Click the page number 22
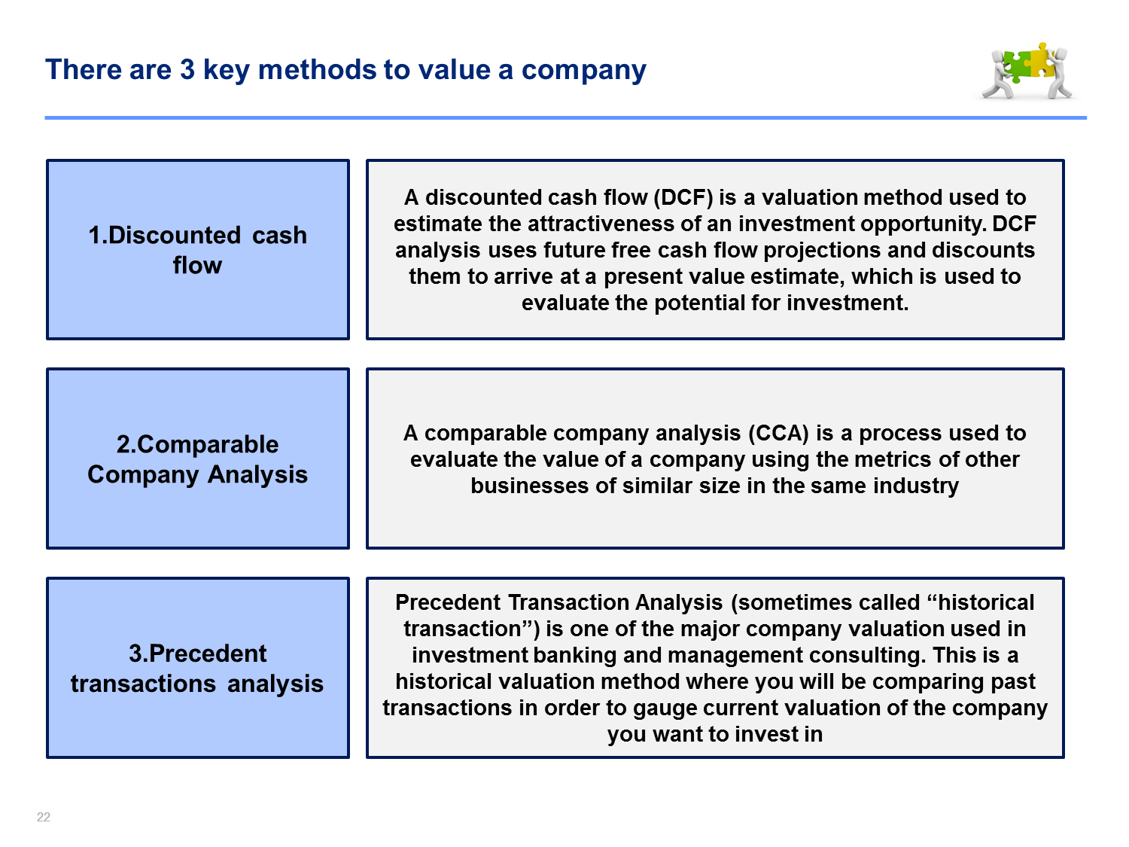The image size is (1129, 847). pos(43,817)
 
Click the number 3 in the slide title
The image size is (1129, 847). pos(187,69)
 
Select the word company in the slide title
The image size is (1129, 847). pos(584,71)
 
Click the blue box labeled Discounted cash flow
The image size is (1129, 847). pos(198,249)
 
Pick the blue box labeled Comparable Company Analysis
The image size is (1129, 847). pos(198,459)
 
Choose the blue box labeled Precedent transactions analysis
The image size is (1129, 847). pos(198,668)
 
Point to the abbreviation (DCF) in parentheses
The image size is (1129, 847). pos(683,197)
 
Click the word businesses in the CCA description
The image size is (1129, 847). pos(530,486)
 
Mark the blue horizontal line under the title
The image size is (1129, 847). pos(566,117)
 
